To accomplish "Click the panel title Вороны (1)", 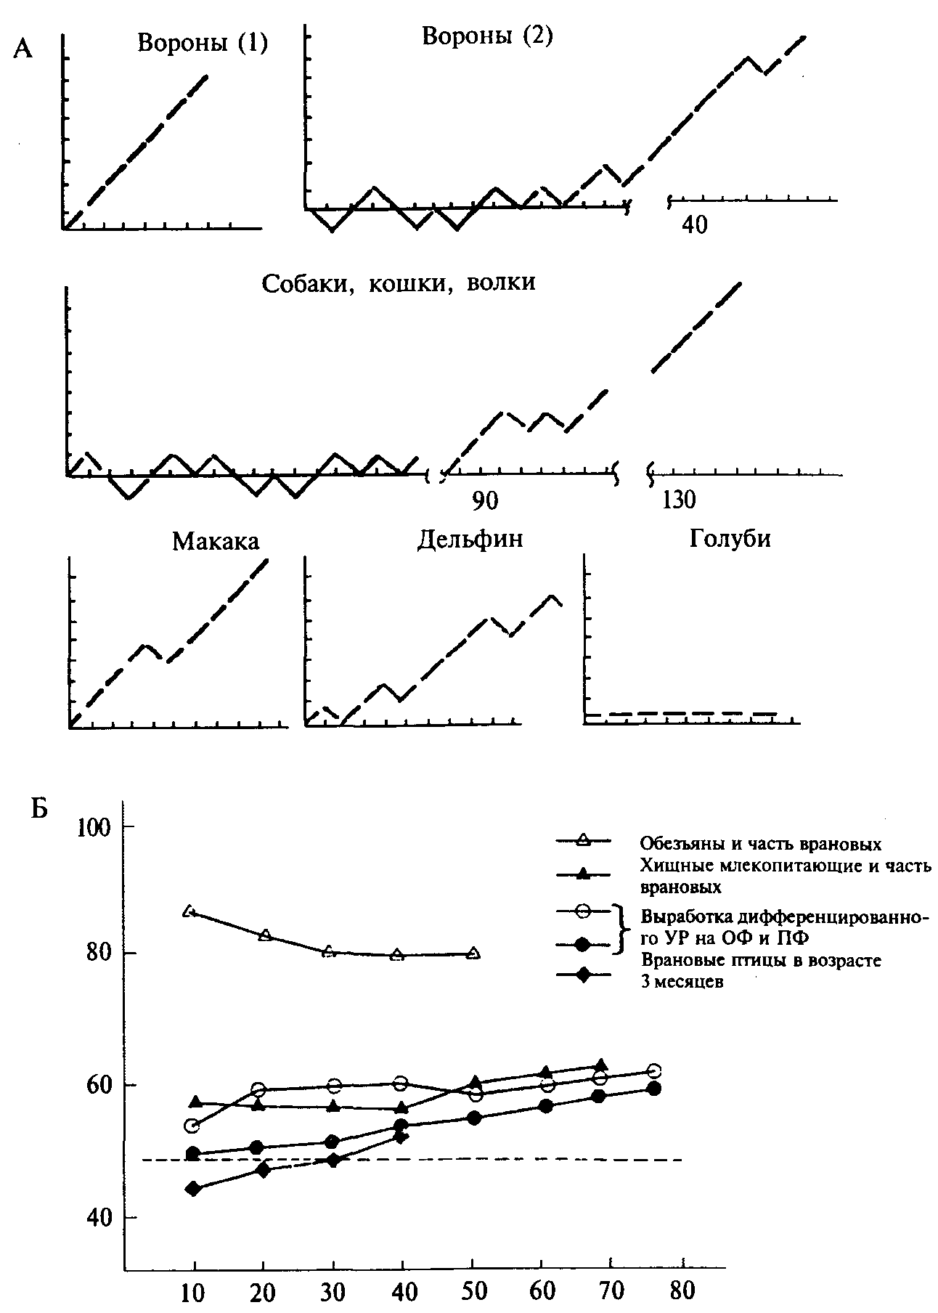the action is click(203, 45).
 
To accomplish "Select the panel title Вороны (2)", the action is click(487, 36).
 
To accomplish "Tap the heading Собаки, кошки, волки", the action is click(399, 282).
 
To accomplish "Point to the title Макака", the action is click(216, 542).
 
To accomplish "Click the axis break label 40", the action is click(695, 224).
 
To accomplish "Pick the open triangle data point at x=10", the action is click(192, 911).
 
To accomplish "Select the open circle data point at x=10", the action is click(192, 1126).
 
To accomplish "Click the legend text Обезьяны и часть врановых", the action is click(761, 844).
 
